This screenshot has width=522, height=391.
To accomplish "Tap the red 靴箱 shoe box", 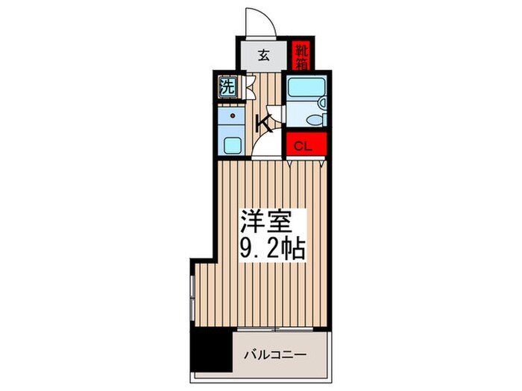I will (301, 55).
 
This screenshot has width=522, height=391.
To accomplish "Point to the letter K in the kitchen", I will (263, 124).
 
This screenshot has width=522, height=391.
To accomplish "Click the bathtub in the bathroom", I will (305, 89).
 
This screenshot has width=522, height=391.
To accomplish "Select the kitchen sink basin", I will (231, 144).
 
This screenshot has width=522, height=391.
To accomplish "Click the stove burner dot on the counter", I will (233, 116).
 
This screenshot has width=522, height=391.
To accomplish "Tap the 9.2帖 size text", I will (272, 249).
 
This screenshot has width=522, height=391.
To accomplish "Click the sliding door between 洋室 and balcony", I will (276, 328).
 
